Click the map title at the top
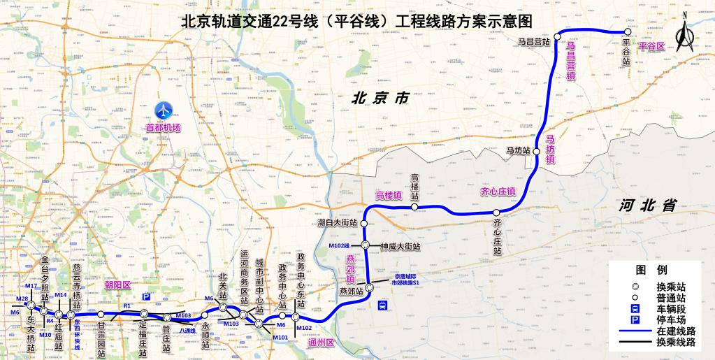tap(356, 21)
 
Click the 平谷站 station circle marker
tap(627, 31)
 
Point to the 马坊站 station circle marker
tap(537, 151)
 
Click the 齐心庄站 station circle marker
tap(496, 213)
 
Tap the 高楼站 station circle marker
tap(414, 207)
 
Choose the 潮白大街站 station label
tap(337, 223)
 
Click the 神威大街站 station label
tap(400, 247)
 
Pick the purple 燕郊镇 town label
tap(352, 269)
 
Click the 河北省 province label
tap(648, 205)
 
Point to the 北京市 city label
tap(380, 99)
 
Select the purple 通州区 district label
tap(322, 343)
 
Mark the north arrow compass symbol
tap(685, 32)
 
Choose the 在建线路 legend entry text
tap(676, 330)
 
